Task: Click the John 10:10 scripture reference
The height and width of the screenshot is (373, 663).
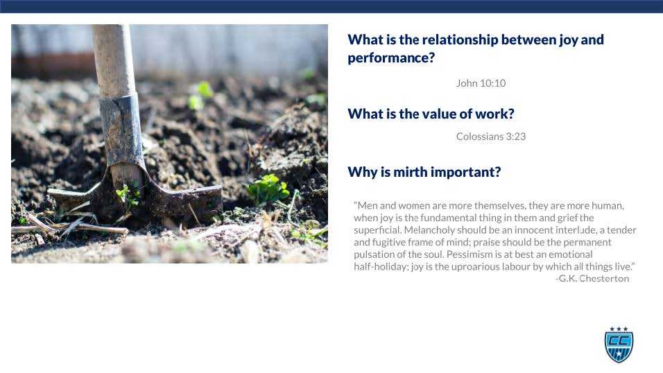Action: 481,83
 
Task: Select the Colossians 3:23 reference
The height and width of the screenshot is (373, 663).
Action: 490,137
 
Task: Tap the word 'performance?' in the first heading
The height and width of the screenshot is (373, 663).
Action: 391,58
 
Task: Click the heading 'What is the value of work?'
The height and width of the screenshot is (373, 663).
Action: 431,114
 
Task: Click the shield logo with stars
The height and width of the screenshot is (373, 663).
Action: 619,345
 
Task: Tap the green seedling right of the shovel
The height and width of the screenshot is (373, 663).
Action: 268,188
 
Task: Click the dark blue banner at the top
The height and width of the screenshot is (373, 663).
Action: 331,6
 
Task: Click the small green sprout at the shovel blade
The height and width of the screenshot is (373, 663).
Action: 127,194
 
